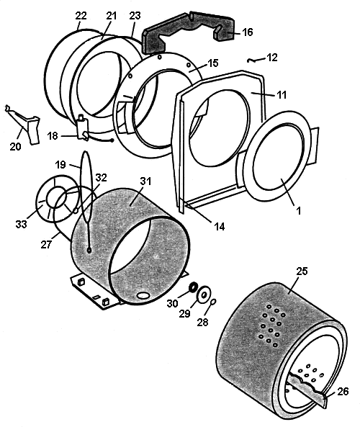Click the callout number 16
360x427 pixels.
coord(247,32)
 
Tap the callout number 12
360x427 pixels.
coord(272,58)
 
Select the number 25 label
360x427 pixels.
coord(302,271)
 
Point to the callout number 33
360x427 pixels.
coord(22,224)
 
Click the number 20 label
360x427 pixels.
coord(15,146)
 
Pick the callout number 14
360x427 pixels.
coord(220,226)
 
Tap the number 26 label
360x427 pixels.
coord(343,391)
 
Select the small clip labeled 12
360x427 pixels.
coord(252,60)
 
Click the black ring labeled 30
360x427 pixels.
coord(194,287)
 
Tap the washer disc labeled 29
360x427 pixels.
coord(204,294)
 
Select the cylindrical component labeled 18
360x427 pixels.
coord(82,127)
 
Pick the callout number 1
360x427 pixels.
coord(299,210)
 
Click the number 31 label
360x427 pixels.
coord(145,181)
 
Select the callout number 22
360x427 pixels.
coord(81,16)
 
